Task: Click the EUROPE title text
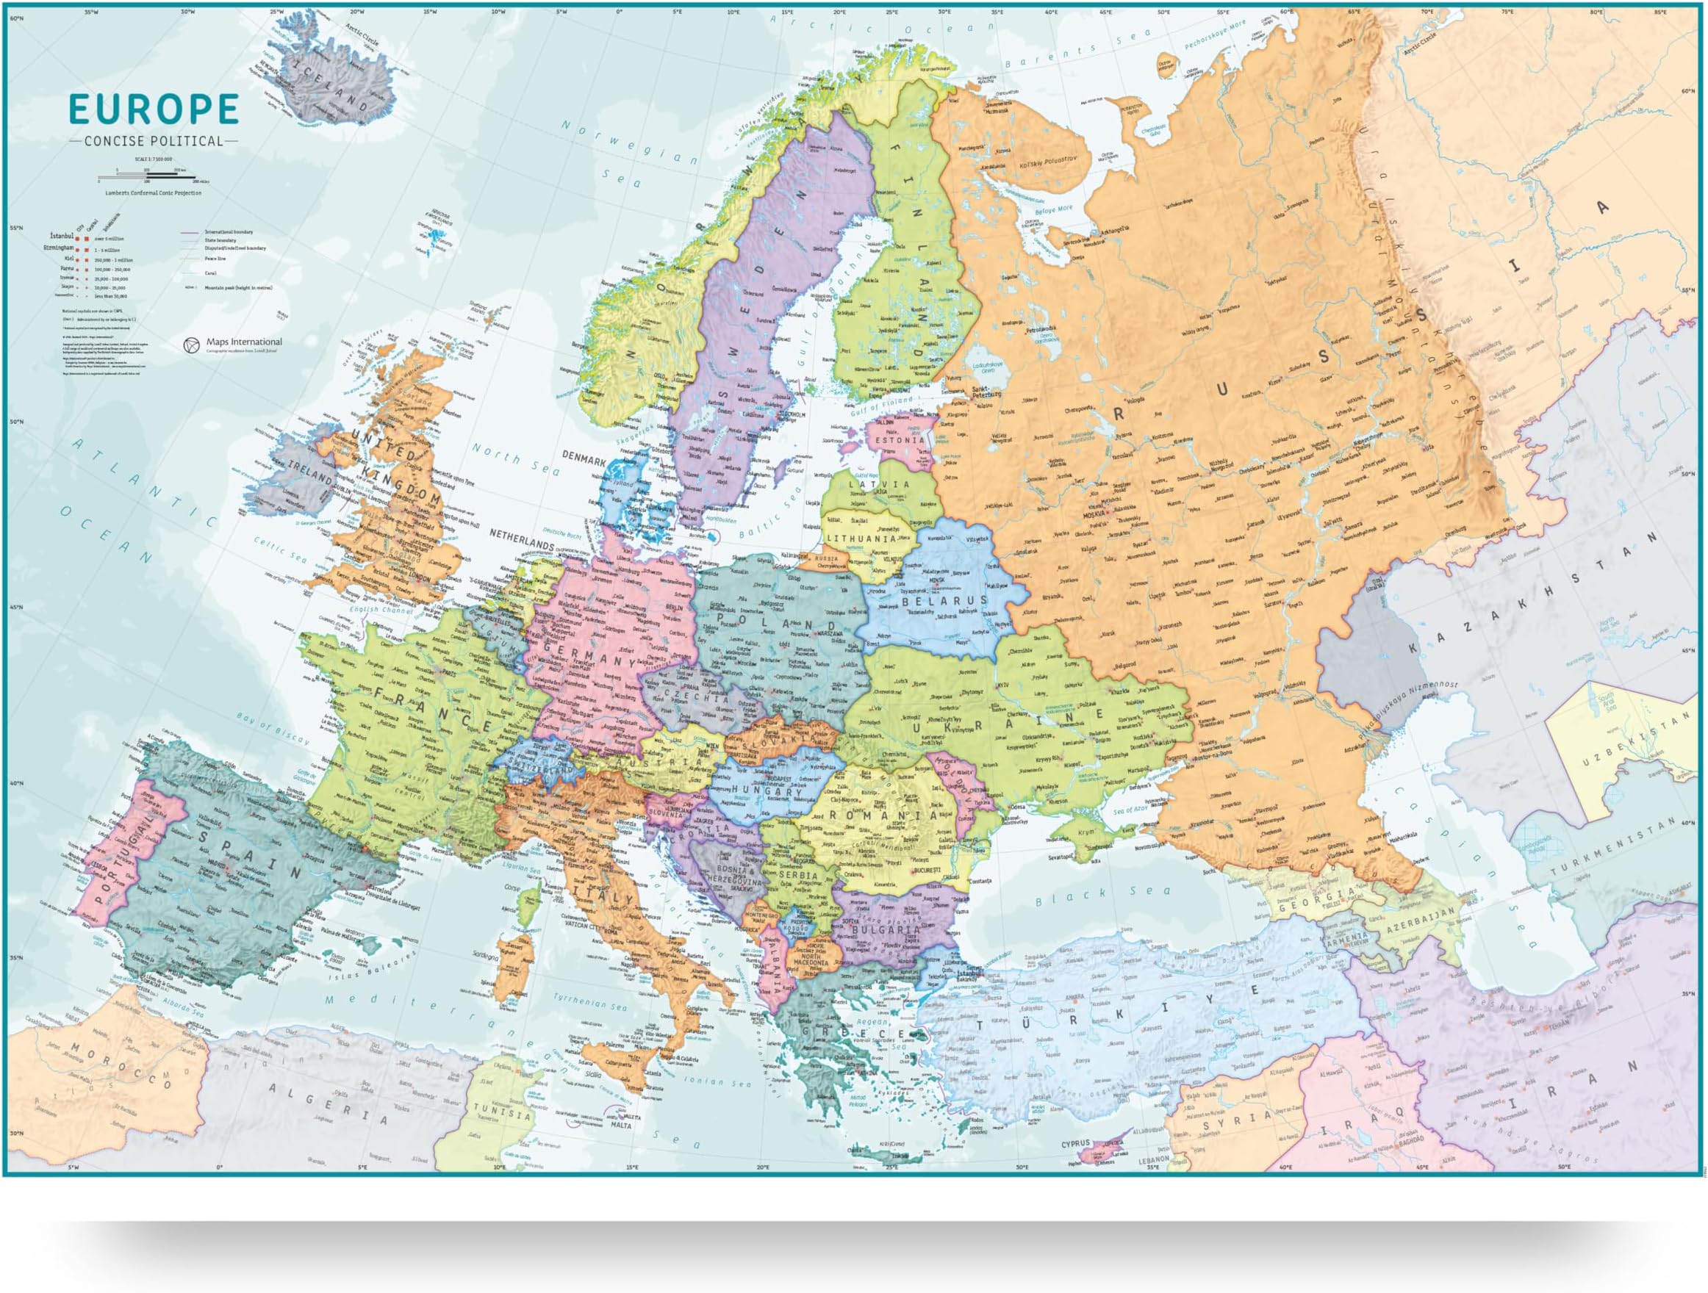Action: pyautogui.click(x=154, y=109)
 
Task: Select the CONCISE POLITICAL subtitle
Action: pyautogui.click(x=154, y=141)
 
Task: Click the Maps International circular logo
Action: pyautogui.click(x=192, y=345)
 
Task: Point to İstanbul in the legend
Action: pyautogui.click(x=61, y=234)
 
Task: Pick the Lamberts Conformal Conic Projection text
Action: pyautogui.click(x=154, y=193)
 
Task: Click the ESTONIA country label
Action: pyautogui.click(x=899, y=441)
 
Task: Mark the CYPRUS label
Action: pyautogui.click(x=1074, y=1143)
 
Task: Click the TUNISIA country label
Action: pyautogui.click(x=503, y=1112)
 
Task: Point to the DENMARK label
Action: pyautogui.click(x=584, y=458)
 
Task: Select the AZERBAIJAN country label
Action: pyautogui.click(x=1420, y=922)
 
